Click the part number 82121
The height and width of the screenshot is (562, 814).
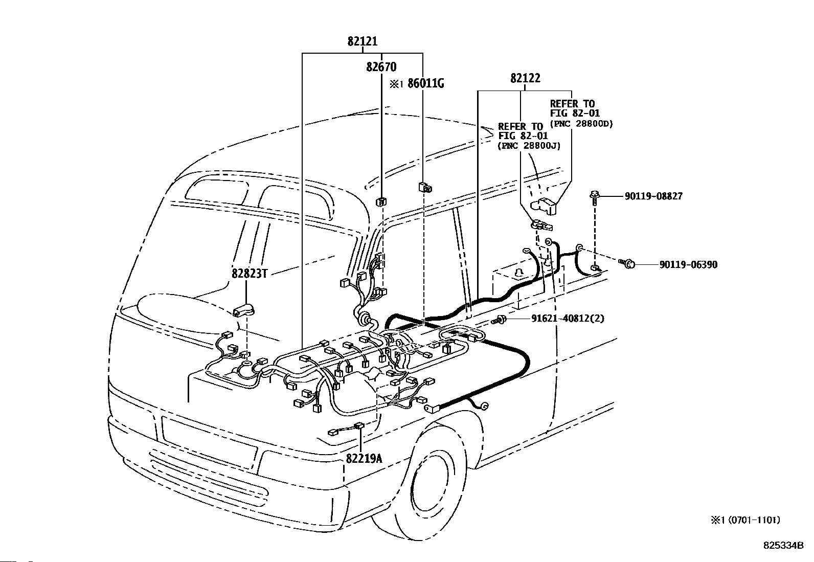coord(363,41)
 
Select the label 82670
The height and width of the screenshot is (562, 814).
coord(381,67)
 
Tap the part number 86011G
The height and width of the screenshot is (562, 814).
coord(425,83)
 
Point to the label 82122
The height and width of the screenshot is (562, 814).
coord(525,78)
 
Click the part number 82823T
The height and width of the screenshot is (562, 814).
coord(250,274)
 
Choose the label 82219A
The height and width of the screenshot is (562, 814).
coord(364,459)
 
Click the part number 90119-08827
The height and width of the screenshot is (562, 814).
coord(654,196)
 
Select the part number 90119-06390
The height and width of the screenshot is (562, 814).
coord(688,265)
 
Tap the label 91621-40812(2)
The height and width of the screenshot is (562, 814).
coord(568,319)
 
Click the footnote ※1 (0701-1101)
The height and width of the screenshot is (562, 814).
coord(745,520)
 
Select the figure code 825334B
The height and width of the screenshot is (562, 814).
coord(783,546)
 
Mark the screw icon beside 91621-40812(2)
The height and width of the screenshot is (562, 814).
coord(499,320)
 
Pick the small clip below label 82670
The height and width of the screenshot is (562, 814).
coord(381,201)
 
